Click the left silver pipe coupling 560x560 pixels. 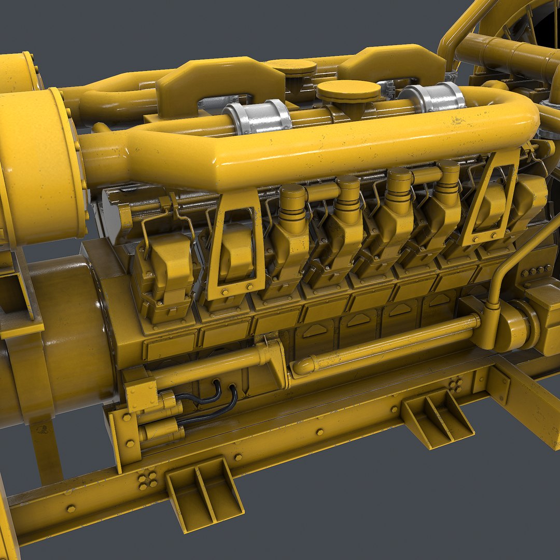(x=257, y=118)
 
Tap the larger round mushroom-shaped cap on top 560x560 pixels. (x=348, y=92)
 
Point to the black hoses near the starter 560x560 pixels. (x=213, y=401)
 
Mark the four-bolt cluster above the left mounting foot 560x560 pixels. (x=148, y=480)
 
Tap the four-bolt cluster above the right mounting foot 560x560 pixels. (x=456, y=384)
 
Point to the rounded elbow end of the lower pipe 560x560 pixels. (x=303, y=366)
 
